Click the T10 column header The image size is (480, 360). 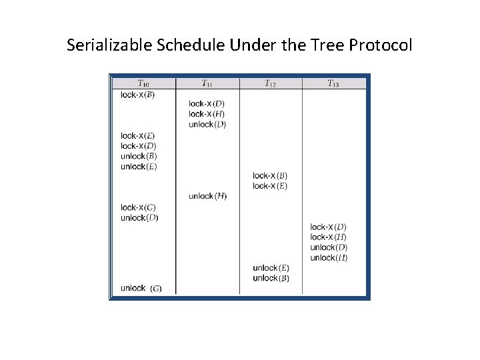[x=143, y=83]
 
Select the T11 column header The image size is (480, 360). [x=207, y=83]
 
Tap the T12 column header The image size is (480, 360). [x=270, y=83]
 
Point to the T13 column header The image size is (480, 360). [x=333, y=83]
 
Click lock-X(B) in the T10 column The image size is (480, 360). [x=137, y=95]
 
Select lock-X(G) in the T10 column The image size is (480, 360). [x=138, y=207]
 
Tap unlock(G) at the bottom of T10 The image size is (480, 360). [x=141, y=288]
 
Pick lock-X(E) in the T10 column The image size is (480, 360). [x=138, y=136]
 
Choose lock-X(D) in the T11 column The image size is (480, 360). [x=206, y=103]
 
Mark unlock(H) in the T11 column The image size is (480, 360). [x=207, y=196]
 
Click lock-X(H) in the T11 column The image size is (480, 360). [x=206, y=114]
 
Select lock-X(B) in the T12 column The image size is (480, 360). [x=270, y=176]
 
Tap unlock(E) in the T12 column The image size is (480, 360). [x=271, y=268]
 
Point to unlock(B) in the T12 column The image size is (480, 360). [x=271, y=278]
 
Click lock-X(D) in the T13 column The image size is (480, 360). [x=329, y=227]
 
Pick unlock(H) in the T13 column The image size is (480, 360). [x=329, y=258]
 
